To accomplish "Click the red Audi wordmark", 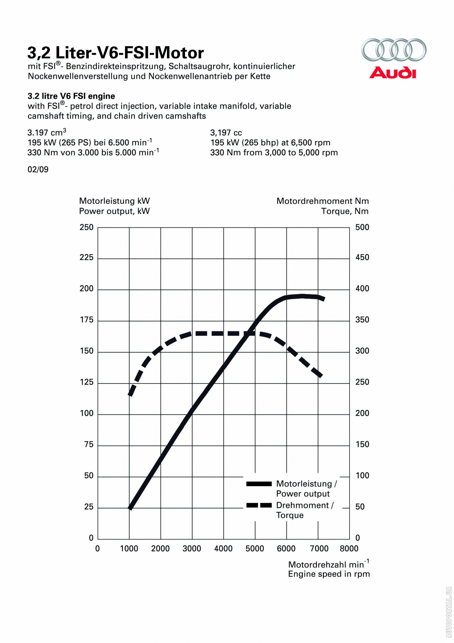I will pos(393,73).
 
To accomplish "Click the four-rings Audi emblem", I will pos(394,50).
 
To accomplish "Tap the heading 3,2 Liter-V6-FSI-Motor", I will pos(115,53).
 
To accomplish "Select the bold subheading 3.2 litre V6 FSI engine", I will pos(71,96).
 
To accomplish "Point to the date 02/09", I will pos(38,169).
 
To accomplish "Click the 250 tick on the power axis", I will pos(87,227).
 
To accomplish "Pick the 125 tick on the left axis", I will pos(87,382).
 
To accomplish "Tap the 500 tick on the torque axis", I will pos(362,227).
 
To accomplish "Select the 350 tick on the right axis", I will pos(362,320).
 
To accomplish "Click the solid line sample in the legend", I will pos(259,484).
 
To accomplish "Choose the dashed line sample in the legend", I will pos(259,506).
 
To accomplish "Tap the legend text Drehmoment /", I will pos(305,505).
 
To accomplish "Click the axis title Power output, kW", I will pos(114,211).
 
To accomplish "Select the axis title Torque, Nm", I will pos(345,211).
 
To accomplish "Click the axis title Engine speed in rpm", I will pos(329,574).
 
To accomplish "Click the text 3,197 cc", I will pos(226,133).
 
